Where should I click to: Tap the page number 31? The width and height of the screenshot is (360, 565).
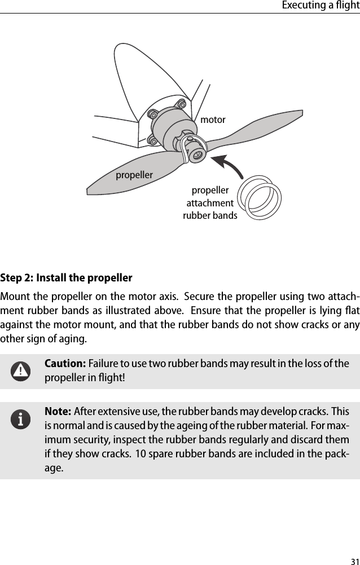click(x=354, y=560)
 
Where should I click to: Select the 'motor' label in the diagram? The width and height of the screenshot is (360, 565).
click(x=213, y=120)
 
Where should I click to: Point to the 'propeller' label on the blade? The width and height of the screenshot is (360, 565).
click(x=134, y=175)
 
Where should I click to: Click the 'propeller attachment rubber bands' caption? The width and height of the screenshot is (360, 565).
click(x=210, y=203)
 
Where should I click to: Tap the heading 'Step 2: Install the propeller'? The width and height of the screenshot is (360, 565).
click(x=67, y=278)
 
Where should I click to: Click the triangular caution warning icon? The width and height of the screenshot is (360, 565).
click(x=21, y=370)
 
